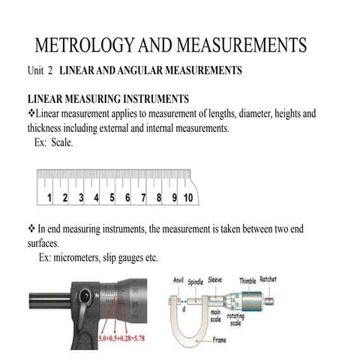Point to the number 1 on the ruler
(49, 198)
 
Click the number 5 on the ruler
(112, 198)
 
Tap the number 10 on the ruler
(187, 198)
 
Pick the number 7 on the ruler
(144, 198)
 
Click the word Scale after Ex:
(61, 142)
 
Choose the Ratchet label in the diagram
(268, 280)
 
